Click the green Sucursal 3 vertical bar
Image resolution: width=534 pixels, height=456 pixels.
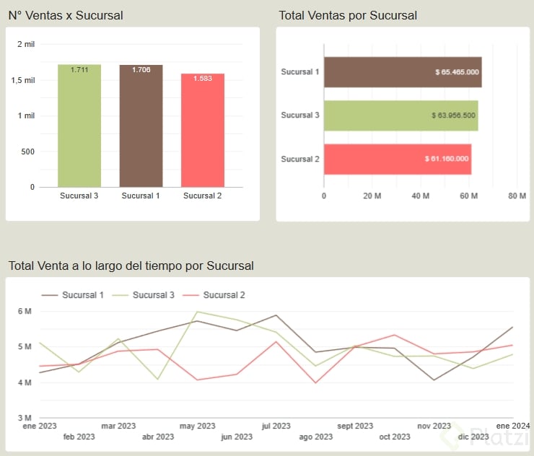(x=79, y=126)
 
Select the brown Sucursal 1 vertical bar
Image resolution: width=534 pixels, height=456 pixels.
(x=141, y=126)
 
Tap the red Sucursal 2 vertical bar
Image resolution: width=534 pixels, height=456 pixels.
(x=203, y=131)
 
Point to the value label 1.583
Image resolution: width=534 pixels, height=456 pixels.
(x=203, y=78)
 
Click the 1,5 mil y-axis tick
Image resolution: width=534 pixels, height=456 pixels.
(x=23, y=80)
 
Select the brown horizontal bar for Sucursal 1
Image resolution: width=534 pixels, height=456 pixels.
(x=402, y=72)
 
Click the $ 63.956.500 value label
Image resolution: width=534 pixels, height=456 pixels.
(x=453, y=115)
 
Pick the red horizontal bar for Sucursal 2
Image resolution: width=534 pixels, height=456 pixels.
(x=397, y=159)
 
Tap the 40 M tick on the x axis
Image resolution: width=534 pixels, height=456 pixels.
(x=421, y=196)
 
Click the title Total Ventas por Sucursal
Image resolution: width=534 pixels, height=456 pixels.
(x=348, y=15)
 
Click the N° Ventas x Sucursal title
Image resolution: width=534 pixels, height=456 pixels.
(x=66, y=15)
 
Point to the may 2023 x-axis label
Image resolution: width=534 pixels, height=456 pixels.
(x=197, y=426)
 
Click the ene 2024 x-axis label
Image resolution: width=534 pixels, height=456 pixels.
(x=512, y=425)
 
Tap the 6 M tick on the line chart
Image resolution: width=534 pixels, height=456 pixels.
(x=24, y=311)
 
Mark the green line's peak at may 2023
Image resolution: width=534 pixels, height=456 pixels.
(x=197, y=312)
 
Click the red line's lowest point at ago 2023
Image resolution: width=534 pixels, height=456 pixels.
(x=315, y=382)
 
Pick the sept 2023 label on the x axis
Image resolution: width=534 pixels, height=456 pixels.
(x=355, y=426)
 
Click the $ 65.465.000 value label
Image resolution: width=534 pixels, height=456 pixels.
(x=458, y=72)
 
